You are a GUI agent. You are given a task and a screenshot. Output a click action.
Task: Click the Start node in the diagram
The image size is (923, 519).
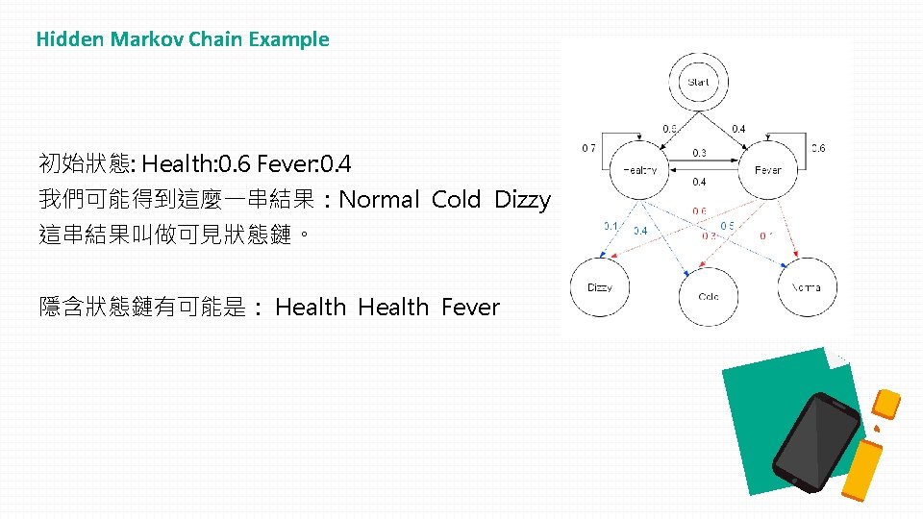(x=699, y=83)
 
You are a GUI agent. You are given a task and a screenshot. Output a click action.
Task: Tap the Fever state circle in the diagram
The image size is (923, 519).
(x=767, y=170)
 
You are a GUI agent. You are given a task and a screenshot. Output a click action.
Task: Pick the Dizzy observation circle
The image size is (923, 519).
(x=600, y=287)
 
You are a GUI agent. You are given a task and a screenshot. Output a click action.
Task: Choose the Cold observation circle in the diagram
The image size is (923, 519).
(x=709, y=296)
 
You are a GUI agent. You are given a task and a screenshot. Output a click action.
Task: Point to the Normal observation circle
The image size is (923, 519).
(x=808, y=287)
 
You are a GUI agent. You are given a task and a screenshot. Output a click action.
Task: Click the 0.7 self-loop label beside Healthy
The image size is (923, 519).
(x=588, y=148)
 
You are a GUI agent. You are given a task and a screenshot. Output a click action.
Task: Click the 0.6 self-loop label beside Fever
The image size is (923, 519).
(x=817, y=148)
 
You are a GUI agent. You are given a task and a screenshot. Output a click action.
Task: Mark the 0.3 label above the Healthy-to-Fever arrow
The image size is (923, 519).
(x=700, y=153)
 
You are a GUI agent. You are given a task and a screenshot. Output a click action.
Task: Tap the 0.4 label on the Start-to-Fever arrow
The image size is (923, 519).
(x=738, y=128)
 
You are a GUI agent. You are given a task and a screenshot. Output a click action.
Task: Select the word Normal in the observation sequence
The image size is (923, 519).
(x=380, y=200)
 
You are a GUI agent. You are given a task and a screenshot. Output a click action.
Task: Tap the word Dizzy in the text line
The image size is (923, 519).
(x=522, y=200)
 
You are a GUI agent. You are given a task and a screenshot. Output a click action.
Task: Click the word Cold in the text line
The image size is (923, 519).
(x=456, y=200)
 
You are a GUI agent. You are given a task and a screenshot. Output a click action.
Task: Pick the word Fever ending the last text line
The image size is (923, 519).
(x=470, y=308)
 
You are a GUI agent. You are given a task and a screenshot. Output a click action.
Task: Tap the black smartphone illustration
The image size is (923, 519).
(x=816, y=441)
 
